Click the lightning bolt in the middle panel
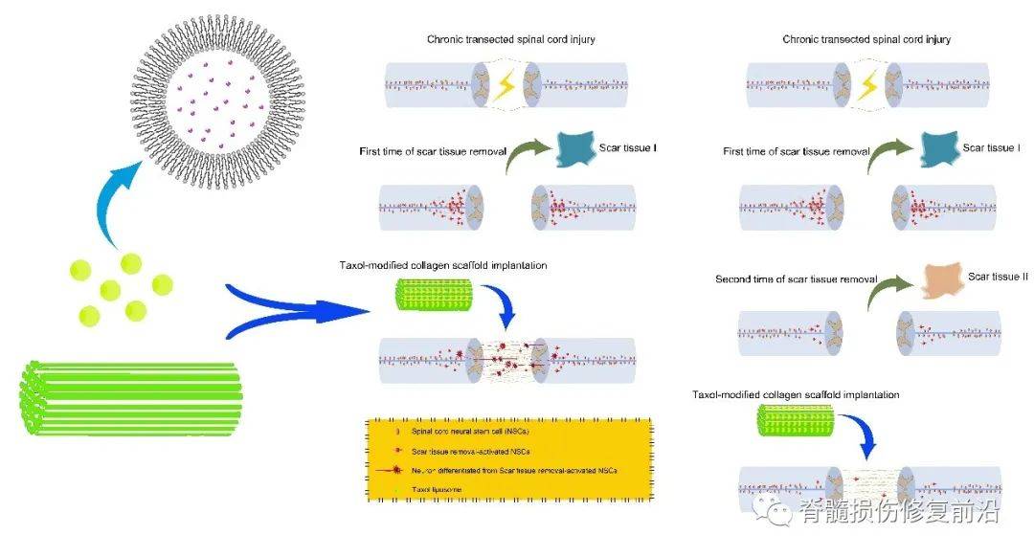[x=504, y=87]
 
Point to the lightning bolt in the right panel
[x=867, y=87]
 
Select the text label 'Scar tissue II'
[x=998, y=276]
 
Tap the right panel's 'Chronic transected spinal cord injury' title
[x=866, y=39]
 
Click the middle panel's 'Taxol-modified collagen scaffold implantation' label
[x=443, y=265]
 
